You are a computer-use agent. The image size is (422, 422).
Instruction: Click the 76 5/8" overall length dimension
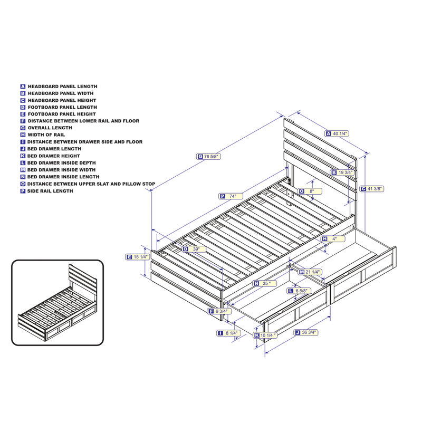(x=212, y=156)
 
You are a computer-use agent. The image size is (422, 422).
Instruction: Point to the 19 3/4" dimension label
(x=344, y=172)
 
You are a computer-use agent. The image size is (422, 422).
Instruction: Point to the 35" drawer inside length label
(x=265, y=283)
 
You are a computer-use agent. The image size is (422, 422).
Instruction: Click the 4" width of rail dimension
(x=333, y=239)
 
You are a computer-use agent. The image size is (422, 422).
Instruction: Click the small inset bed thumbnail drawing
(x=57, y=302)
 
